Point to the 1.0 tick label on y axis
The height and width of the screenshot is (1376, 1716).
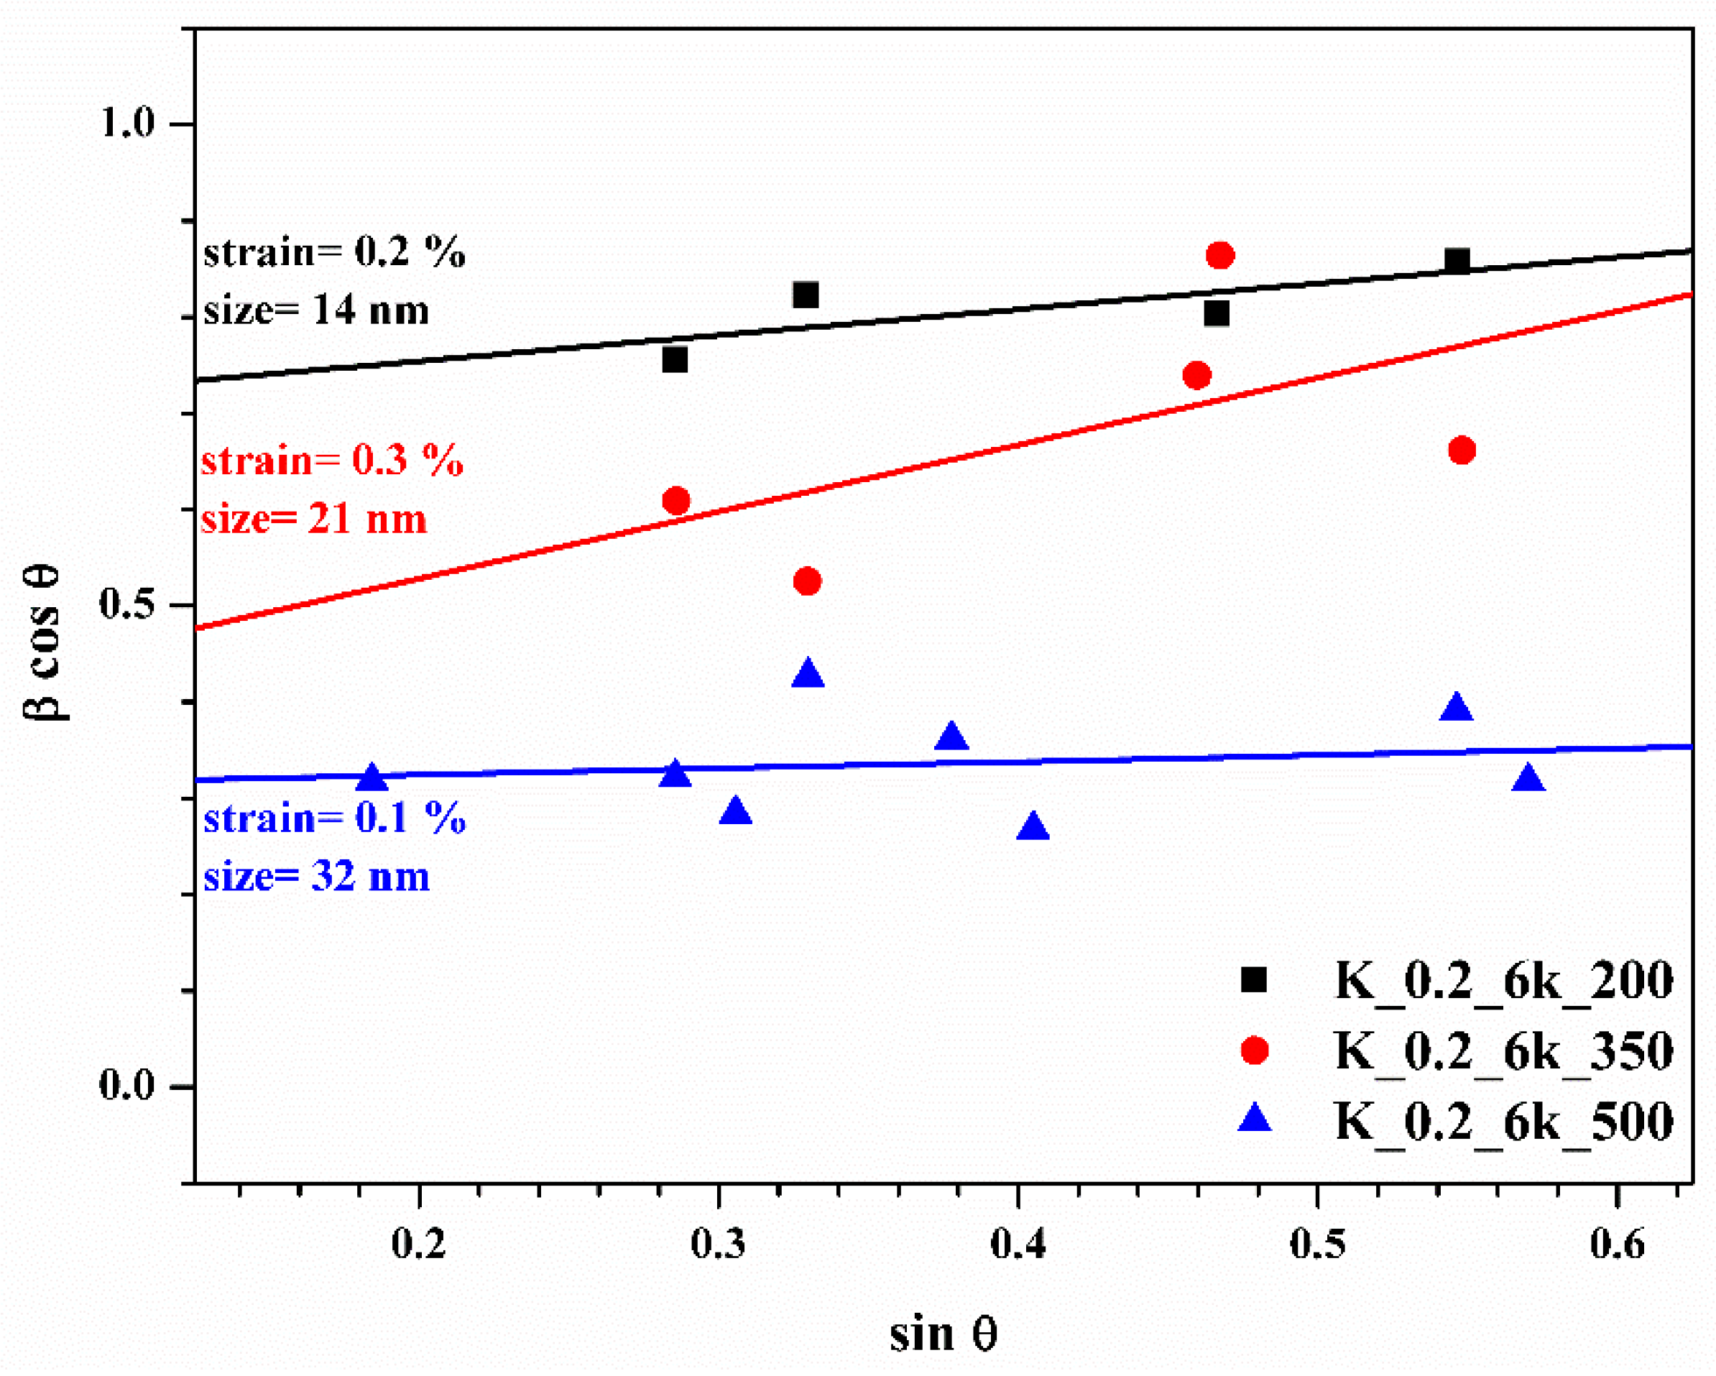point(127,124)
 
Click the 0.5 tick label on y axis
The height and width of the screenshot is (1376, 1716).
point(127,604)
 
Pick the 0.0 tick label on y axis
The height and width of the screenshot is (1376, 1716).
point(127,1085)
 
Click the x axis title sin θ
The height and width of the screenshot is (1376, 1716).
point(944,1334)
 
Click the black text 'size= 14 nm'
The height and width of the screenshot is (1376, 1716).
point(316,310)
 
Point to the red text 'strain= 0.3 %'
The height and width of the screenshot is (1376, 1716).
point(332,461)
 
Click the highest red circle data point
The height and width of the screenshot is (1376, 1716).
point(1220,256)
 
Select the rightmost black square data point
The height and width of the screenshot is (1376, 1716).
point(1457,260)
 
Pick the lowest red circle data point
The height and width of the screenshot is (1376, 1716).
point(807,582)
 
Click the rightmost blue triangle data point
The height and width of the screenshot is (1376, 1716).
point(1528,777)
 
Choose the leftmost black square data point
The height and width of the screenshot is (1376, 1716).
point(675,360)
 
